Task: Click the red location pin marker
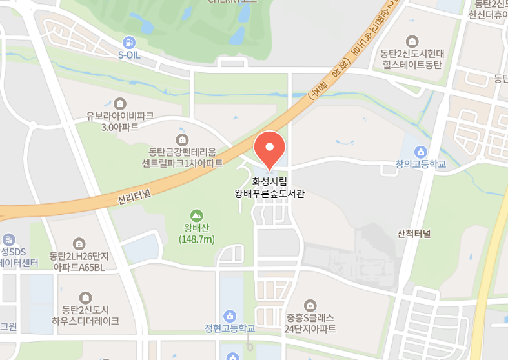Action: tap(269, 148)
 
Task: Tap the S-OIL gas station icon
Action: tap(130, 43)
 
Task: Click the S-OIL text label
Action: tap(129, 55)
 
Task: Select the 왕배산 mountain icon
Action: tap(196, 215)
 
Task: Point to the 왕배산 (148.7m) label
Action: tap(196, 233)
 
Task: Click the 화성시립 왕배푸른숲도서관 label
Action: tap(269, 187)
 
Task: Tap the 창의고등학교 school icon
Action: tap(421, 152)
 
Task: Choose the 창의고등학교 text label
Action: tap(421, 165)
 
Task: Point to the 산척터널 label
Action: tap(414, 233)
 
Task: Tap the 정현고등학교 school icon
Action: tap(229, 316)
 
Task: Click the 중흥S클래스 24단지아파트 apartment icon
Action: tap(311, 305)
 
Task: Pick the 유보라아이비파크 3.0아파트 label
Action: tap(120, 121)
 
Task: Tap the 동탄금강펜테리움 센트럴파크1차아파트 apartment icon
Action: tap(182, 139)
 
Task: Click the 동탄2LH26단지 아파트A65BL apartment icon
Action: tap(79, 243)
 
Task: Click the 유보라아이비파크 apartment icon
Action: tap(120, 103)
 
